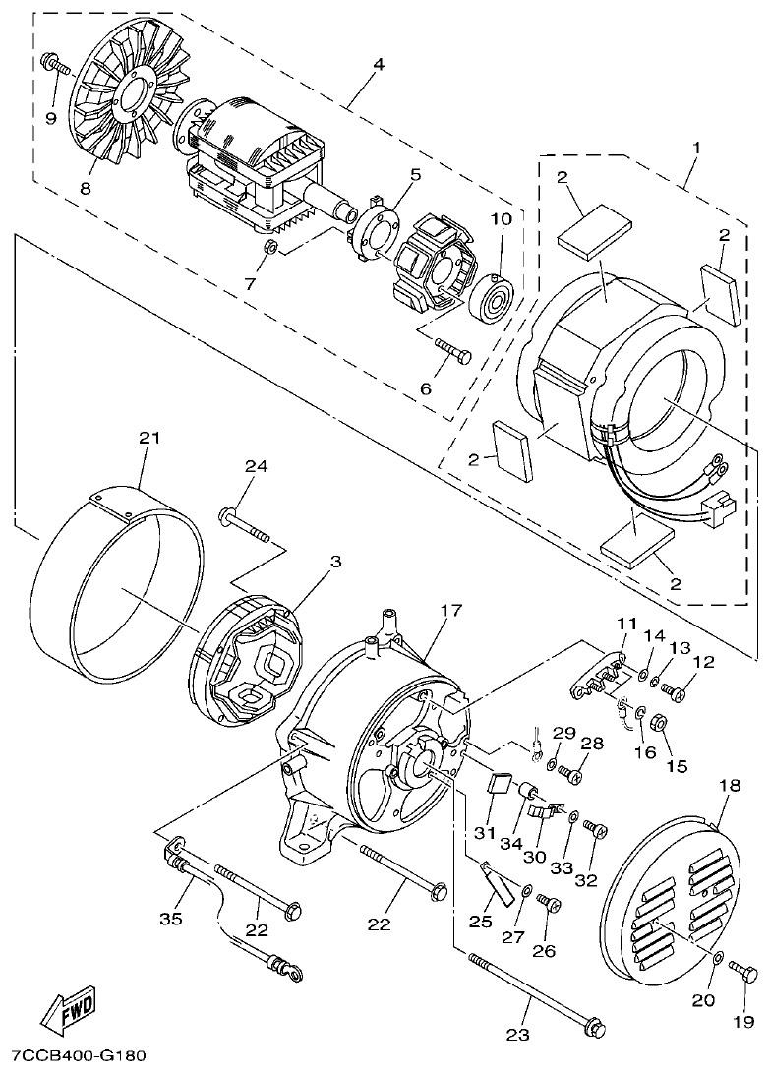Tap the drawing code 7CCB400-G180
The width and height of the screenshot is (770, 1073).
(73, 1056)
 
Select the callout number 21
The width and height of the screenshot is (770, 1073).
(148, 439)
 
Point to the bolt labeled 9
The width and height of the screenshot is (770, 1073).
(57, 67)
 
